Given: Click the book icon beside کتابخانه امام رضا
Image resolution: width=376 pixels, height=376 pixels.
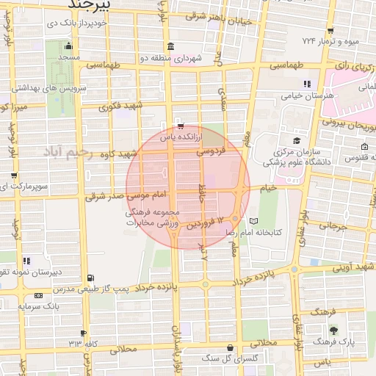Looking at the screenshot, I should [x=254, y=220].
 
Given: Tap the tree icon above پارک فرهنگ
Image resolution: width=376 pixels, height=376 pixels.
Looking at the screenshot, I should [x=333, y=330].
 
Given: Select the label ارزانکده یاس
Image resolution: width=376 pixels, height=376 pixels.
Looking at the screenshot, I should [x=170, y=137].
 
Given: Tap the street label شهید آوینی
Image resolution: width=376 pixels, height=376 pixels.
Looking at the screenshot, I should [x=356, y=269].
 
